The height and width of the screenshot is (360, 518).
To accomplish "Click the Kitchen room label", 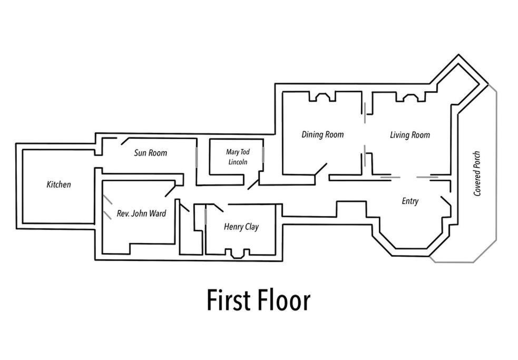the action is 59,184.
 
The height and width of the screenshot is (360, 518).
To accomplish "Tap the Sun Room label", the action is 151,153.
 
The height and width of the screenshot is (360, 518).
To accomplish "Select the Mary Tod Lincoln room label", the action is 238,157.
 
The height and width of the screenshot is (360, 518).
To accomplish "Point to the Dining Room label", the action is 322,134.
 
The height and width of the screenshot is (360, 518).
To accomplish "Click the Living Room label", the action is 410,135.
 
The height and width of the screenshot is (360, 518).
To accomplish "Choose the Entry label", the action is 410,201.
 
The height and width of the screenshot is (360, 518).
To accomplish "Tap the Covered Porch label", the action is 477,173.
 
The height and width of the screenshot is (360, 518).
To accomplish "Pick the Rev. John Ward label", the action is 141,213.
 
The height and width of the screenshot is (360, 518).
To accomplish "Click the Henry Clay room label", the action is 241,227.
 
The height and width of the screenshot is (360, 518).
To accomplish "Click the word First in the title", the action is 228,300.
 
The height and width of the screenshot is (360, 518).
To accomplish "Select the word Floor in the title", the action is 284,300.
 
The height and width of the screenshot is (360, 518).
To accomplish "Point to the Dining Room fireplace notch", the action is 322,97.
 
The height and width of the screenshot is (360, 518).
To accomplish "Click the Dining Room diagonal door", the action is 320,169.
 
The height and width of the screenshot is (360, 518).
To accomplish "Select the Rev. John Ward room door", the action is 170,191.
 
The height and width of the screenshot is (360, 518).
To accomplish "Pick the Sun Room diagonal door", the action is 125,141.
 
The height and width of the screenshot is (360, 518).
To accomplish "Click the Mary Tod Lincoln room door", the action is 253,184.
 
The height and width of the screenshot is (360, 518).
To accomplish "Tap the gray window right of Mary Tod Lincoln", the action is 263,155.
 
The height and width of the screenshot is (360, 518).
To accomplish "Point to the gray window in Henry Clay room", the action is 206,217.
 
